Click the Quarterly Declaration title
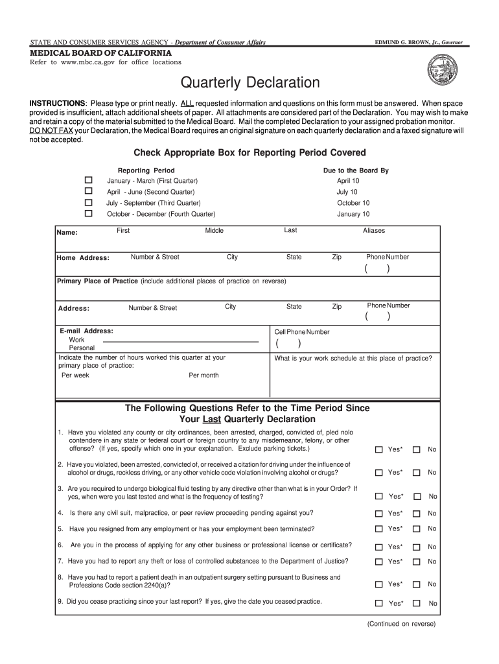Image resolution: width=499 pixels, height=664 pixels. coord(250,83)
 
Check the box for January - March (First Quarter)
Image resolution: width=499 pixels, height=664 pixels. coord(89,180)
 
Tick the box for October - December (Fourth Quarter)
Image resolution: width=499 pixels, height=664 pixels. coord(89,213)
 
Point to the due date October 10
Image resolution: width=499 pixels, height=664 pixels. coord(353,203)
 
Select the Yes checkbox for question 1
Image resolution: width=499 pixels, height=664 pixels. coord(378,449)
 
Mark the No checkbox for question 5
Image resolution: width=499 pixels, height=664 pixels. coord(417,528)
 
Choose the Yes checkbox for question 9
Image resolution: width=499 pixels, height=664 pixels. coord(378,603)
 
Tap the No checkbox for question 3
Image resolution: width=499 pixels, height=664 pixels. coord(417,496)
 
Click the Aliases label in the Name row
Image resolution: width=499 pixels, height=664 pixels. coord(374,231)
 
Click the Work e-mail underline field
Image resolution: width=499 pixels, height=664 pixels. coord(185,340)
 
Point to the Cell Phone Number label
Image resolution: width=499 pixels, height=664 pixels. coord(302,332)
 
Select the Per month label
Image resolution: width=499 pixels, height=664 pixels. coord(203,375)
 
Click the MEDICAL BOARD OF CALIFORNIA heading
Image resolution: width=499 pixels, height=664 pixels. coord(101,53)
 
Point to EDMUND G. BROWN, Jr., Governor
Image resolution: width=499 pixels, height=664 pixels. coord(419,42)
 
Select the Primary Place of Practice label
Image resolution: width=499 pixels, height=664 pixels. coord(97,281)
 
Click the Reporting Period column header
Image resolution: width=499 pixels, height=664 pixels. coord(146,171)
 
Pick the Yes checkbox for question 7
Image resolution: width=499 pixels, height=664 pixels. coord(378,562)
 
